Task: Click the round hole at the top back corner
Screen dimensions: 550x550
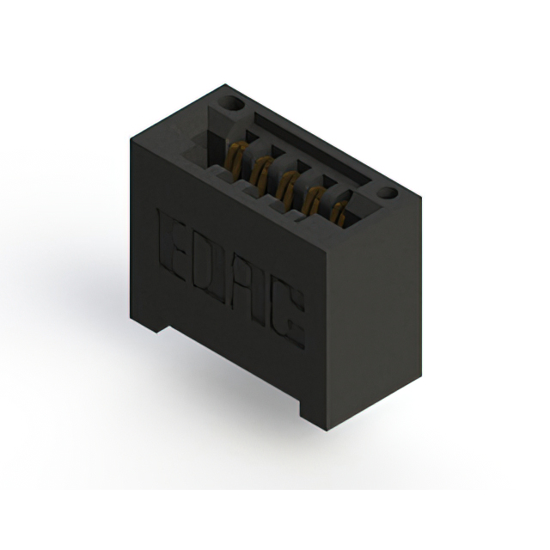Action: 230,104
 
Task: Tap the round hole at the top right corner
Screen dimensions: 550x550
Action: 388,194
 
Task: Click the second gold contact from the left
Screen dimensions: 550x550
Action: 262,173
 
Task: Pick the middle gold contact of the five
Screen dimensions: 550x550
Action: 287,187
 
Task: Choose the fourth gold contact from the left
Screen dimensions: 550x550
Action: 313,203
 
